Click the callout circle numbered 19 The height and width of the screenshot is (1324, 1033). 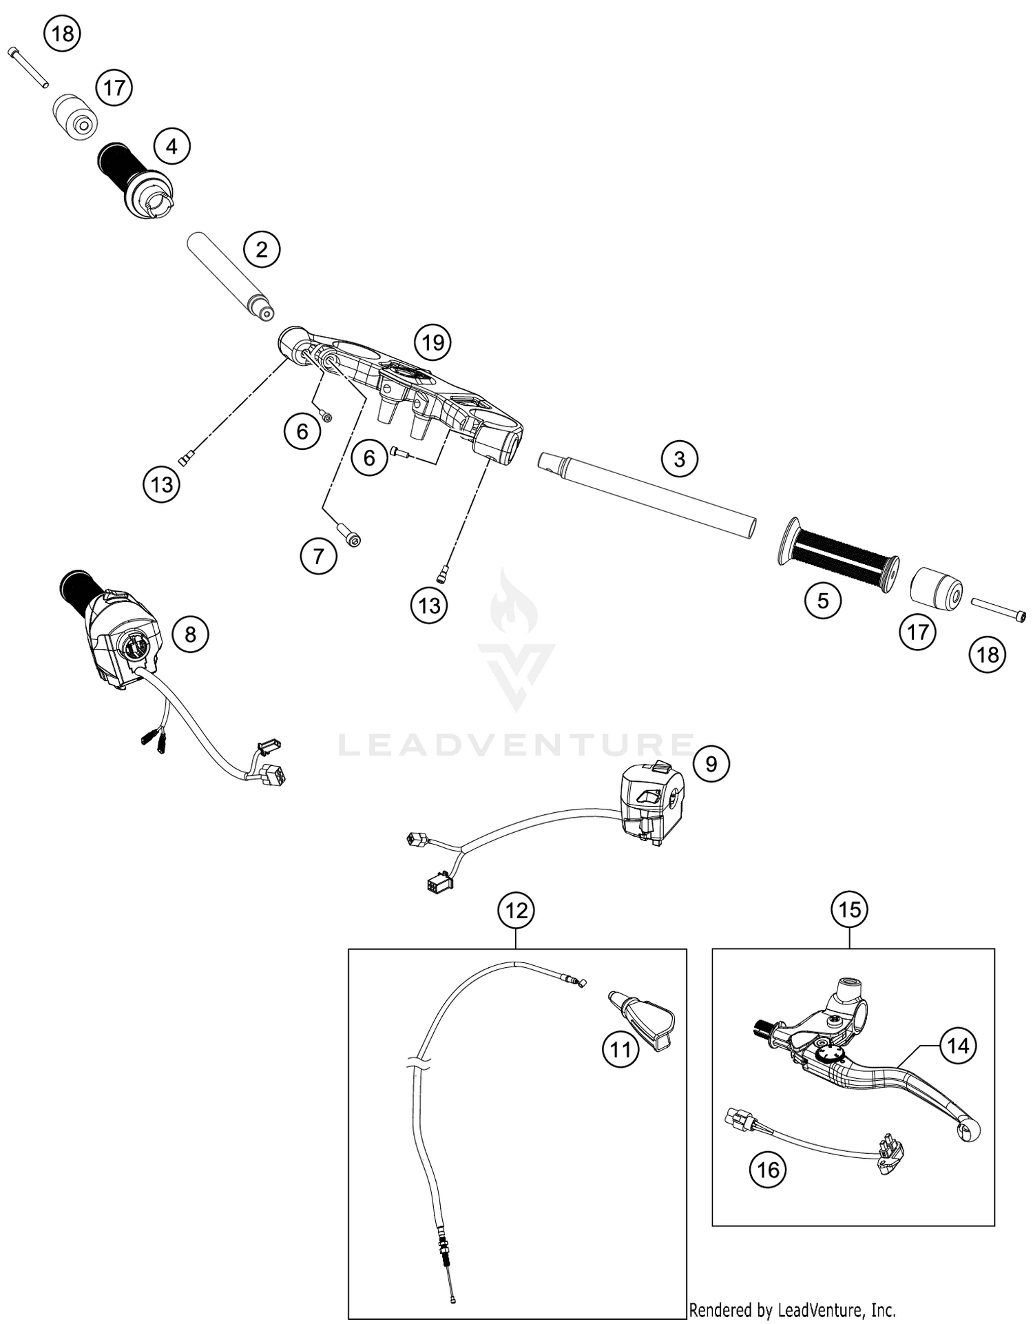click(x=432, y=342)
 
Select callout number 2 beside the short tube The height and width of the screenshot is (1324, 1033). click(x=262, y=249)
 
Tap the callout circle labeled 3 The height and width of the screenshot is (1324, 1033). click(x=679, y=459)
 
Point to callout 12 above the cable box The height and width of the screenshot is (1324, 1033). click(x=516, y=911)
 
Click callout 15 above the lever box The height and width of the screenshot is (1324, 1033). click(x=849, y=909)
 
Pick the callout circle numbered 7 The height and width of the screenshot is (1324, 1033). click(x=318, y=555)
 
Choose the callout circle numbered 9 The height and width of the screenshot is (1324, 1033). click(x=711, y=763)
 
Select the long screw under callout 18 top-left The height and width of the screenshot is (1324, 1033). click(x=28, y=67)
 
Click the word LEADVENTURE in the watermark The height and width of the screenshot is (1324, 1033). click(x=516, y=745)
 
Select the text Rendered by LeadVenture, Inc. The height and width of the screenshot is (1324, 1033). click(x=792, y=1310)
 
